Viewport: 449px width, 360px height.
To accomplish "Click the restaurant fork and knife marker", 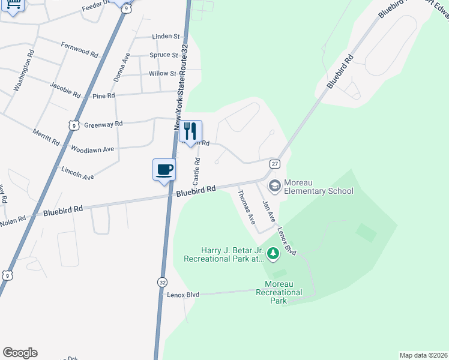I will (191, 131).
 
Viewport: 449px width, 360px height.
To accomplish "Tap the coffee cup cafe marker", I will (164, 170).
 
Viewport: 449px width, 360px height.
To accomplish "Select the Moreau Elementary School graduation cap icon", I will (275, 185).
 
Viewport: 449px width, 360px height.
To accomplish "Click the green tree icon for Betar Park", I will (273, 254).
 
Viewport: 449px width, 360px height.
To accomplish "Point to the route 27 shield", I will (274, 164).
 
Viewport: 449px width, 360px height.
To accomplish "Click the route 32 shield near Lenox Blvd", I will (163, 281).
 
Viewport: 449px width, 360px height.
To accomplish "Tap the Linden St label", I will (166, 37).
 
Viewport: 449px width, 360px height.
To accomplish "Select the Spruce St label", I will (164, 55).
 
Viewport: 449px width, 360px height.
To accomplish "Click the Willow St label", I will (162, 74).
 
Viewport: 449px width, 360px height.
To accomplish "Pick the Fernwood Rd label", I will (80, 49).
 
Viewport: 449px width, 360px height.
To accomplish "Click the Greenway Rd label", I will (103, 124).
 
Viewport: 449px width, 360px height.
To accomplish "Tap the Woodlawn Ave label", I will (92, 149).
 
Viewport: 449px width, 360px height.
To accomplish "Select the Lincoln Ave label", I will (77, 173).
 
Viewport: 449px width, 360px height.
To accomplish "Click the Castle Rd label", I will (196, 171).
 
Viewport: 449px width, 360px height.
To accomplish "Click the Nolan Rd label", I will (13, 222).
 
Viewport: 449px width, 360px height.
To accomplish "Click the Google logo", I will (20, 353).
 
